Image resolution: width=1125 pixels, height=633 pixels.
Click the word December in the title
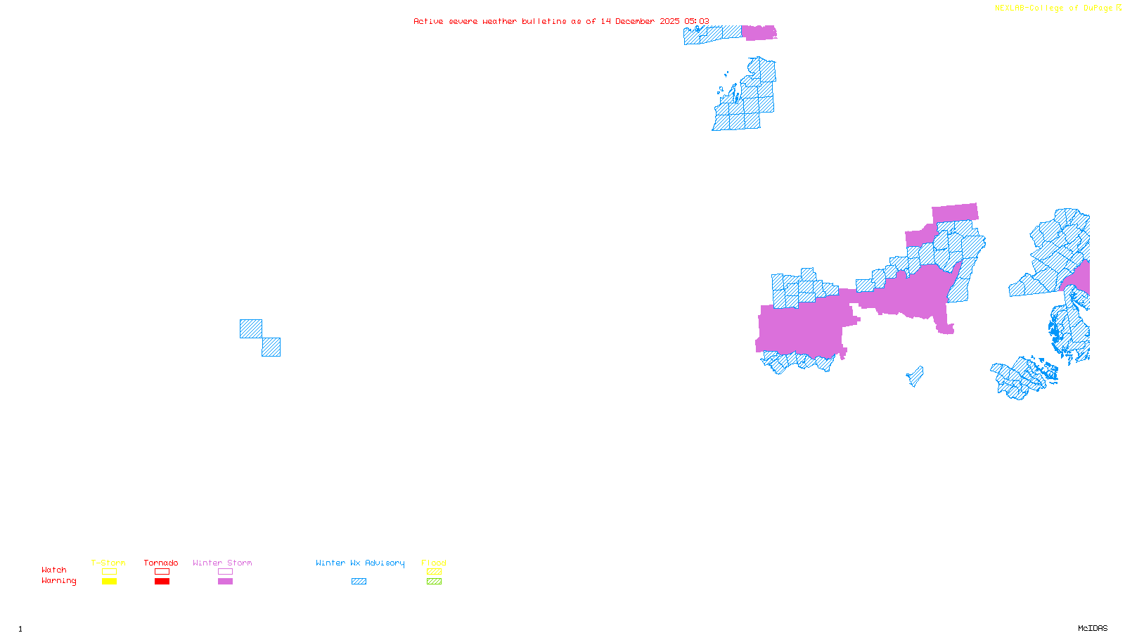(635, 21)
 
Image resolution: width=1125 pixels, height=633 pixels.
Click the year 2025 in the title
(669, 21)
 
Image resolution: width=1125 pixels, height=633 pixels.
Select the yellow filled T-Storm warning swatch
(109, 582)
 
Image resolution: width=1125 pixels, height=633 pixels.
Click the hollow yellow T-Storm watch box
(109, 572)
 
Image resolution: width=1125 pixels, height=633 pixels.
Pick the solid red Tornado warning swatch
(162, 582)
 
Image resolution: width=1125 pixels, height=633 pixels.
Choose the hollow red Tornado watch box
(162, 572)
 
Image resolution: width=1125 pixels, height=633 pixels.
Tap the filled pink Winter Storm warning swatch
(225, 582)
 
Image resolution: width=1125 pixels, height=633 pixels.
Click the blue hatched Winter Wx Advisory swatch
(359, 582)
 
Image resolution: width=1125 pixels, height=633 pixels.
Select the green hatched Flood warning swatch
(434, 582)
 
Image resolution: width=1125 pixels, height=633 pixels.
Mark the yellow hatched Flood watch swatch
(434, 572)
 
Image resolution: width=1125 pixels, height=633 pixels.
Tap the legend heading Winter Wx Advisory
(360, 563)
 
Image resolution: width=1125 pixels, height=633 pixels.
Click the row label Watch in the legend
(54, 570)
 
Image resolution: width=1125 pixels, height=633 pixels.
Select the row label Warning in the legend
(58, 581)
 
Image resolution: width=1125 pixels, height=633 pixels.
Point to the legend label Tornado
(161, 563)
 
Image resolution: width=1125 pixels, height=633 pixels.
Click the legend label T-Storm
(108, 563)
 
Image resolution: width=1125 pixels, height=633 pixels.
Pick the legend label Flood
(434, 563)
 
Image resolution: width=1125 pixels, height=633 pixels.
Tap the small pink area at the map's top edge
(759, 32)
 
